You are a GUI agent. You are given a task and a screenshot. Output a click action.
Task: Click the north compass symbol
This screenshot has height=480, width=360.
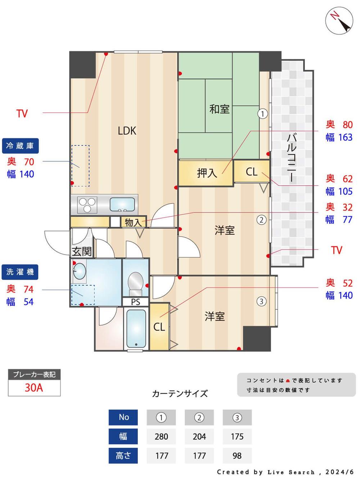click(x=339, y=21)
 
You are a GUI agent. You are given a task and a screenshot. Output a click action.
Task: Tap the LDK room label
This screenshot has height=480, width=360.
click(x=127, y=131)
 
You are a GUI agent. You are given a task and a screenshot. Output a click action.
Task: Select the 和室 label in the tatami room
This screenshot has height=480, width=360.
click(x=219, y=109)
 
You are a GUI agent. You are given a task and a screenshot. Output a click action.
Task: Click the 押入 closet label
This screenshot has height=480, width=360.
click(x=207, y=173)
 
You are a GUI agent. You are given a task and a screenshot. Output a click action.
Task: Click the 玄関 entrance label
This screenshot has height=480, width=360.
click(x=82, y=251)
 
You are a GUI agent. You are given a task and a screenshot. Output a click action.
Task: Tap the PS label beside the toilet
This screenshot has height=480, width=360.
click(x=135, y=302)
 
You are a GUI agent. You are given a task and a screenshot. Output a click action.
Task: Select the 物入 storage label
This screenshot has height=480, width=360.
click(x=133, y=223)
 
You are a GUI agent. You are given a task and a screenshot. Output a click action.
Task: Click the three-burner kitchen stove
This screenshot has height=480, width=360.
click(x=87, y=205)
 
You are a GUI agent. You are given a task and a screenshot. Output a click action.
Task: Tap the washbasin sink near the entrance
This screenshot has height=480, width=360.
click(x=80, y=271)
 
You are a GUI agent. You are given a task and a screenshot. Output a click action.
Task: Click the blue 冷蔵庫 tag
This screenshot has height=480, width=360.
click(x=20, y=146)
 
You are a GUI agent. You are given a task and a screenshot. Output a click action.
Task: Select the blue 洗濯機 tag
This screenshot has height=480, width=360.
click(x=20, y=272)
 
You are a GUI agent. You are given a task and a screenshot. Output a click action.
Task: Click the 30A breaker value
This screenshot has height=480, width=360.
click(x=34, y=388)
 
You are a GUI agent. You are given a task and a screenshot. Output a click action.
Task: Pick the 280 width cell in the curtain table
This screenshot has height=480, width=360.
click(x=161, y=436)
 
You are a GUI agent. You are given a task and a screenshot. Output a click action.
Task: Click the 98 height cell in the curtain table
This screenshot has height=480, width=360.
click(x=237, y=456)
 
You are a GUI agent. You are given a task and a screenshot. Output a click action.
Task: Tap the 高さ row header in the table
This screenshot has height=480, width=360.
click(x=123, y=456)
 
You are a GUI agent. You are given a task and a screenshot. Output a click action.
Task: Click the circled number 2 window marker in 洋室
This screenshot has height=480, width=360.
click(x=261, y=220)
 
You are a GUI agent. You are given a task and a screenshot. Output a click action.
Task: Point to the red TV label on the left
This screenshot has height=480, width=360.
click(x=22, y=114)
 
